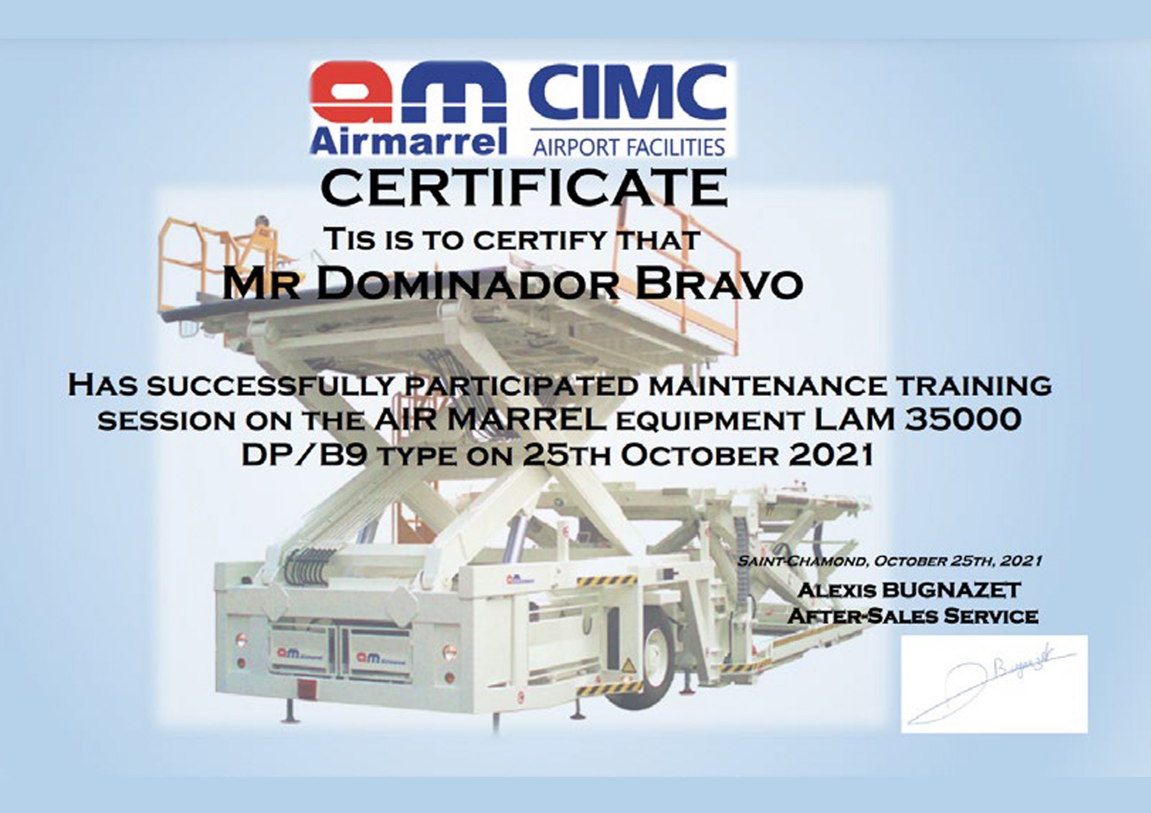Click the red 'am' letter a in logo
(x=351, y=93)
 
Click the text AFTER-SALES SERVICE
(x=912, y=616)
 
